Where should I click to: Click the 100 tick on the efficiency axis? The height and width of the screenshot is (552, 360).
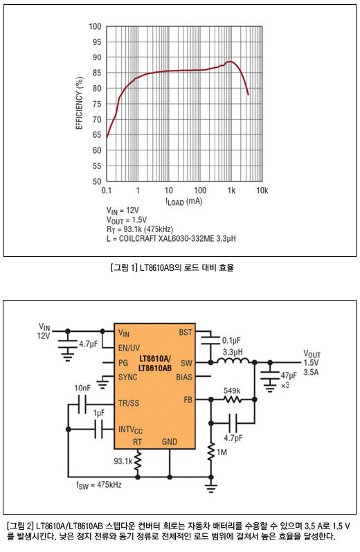[95, 26]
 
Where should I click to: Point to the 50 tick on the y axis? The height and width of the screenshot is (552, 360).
[97, 181]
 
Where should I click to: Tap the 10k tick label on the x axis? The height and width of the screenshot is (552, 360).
[262, 190]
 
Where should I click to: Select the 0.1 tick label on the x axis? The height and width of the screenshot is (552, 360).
[107, 190]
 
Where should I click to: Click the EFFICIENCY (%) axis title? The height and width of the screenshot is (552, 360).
[80, 103]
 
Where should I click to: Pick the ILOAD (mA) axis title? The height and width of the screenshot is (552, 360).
[184, 202]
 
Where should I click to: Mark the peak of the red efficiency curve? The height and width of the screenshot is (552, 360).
[230, 62]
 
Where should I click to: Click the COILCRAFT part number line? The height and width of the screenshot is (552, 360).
[172, 239]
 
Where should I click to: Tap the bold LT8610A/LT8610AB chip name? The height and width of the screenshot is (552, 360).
[155, 364]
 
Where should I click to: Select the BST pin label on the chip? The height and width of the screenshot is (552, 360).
[186, 332]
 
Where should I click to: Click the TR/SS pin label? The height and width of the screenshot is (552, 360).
[129, 403]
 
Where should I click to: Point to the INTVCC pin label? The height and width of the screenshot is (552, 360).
[130, 430]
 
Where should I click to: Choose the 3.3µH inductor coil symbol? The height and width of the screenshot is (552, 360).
[233, 360]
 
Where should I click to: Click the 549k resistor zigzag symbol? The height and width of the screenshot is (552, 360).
[233, 400]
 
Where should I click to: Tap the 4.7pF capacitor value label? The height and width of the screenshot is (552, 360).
[233, 438]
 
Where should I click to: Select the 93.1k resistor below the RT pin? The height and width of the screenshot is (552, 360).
[138, 461]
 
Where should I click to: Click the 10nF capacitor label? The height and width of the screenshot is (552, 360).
[82, 388]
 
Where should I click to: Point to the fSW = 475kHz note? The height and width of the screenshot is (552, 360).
[99, 485]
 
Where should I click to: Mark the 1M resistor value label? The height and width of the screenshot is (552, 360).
[222, 452]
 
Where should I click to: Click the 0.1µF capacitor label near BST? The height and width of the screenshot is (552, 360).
[231, 341]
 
